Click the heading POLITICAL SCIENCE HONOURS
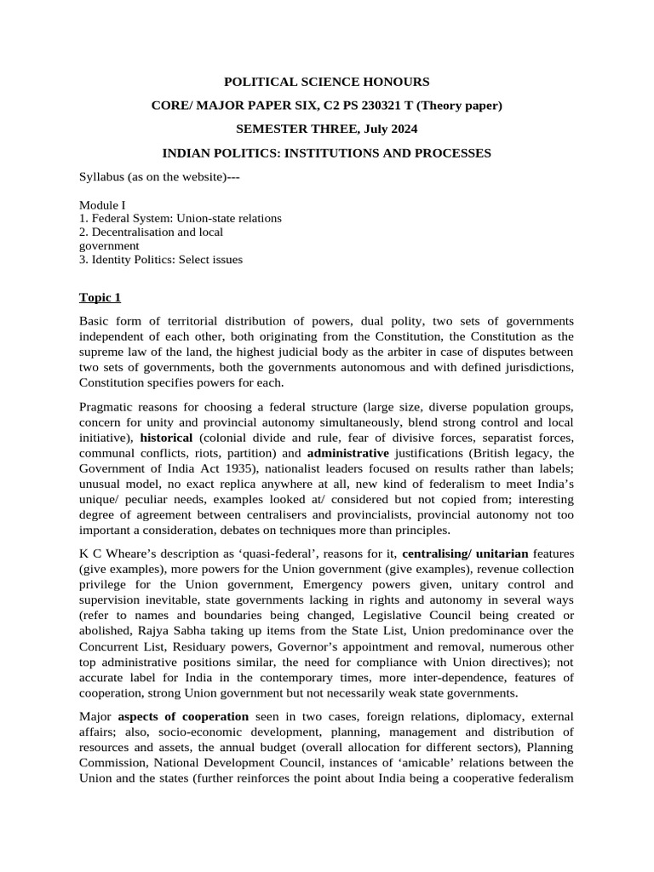326,82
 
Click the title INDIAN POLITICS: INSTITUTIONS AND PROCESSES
326,153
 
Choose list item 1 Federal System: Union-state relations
181,218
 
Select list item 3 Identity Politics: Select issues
161,259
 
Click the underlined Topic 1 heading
100,297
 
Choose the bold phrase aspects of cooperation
183,716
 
